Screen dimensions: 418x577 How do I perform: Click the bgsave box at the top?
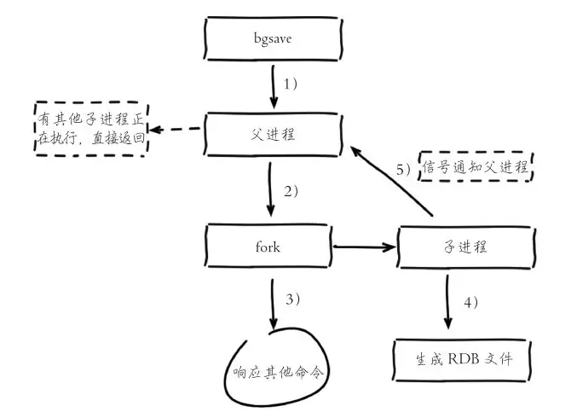click(272, 39)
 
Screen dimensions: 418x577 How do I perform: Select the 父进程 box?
click(272, 133)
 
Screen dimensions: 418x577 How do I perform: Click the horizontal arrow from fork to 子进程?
click(366, 247)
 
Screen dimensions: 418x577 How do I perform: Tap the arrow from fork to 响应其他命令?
click(272, 303)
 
